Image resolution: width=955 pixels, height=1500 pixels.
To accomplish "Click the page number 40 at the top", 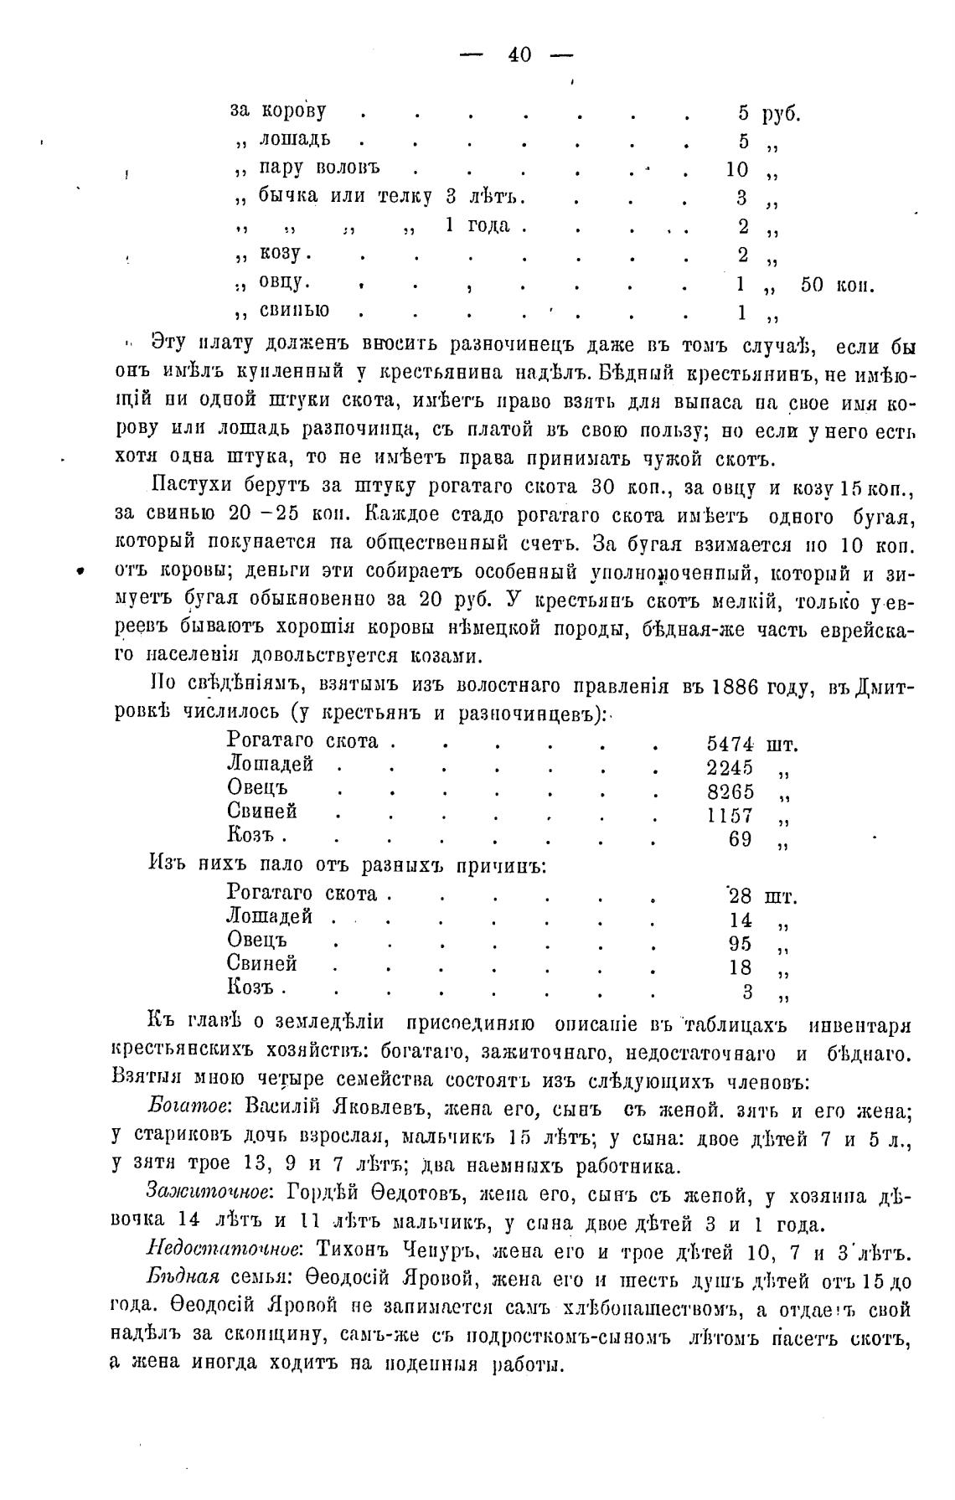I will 519,55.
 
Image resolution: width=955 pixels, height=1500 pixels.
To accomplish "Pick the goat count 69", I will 741,838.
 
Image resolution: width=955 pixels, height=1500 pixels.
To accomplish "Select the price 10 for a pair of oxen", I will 737,169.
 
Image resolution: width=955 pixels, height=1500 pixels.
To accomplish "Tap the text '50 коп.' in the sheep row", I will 837,285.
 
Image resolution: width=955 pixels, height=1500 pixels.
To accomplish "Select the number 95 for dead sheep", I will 741,944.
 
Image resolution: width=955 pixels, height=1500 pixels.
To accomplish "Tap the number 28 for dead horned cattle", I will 741,895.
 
